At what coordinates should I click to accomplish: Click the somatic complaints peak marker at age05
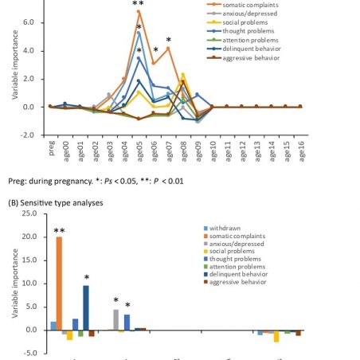pyautogui.click(x=139, y=11)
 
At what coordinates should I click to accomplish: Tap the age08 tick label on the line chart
pyautogui.click(x=184, y=151)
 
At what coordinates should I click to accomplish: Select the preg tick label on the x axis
pyautogui.click(x=52, y=148)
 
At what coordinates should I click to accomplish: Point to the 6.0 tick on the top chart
pyautogui.click(x=29, y=22)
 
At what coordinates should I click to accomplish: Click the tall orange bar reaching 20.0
pyautogui.click(x=59, y=284)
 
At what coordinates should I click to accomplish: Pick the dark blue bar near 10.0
pyautogui.click(x=86, y=307)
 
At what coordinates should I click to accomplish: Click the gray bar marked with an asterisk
pyautogui.click(x=116, y=320)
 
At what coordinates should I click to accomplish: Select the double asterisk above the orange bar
pyautogui.click(x=59, y=231)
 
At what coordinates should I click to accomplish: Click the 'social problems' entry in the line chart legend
pyautogui.click(x=245, y=22)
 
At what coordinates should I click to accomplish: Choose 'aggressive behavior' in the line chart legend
pyautogui.click(x=251, y=58)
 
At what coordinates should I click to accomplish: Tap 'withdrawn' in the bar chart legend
pyautogui.click(x=225, y=229)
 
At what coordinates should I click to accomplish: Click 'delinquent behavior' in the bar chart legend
pyautogui.click(x=238, y=274)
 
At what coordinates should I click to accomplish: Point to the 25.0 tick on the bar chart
pyautogui.click(x=29, y=213)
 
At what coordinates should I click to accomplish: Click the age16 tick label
pyautogui.click(x=301, y=151)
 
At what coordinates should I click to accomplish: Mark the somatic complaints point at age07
pyautogui.click(x=168, y=49)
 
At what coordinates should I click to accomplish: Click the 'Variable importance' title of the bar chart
pyautogui.click(x=15, y=283)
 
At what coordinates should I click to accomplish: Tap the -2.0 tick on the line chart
pyautogui.click(x=27, y=135)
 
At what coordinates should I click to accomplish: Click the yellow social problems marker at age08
pyautogui.click(x=182, y=75)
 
